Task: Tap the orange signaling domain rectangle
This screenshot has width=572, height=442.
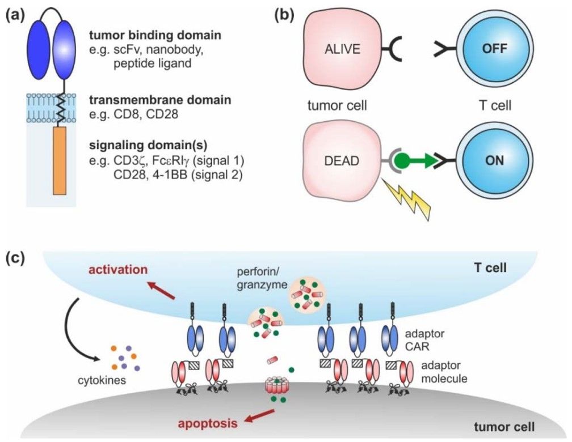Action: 60,160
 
